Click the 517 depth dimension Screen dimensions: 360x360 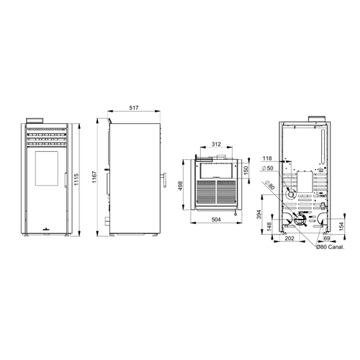click(x=134, y=108)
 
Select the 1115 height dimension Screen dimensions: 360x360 click(x=76, y=179)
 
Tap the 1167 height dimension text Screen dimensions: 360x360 click(x=94, y=177)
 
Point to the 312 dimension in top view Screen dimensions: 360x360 click(x=216, y=144)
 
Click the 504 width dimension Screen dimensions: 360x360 click(x=216, y=220)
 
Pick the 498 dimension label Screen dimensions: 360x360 click(x=180, y=186)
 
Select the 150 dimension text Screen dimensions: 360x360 click(x=246, y=170)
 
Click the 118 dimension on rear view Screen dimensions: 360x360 click(x=267, y=158)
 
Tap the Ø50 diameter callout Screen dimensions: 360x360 click(x=268, y=168)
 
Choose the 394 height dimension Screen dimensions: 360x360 click(x=258, y=215)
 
